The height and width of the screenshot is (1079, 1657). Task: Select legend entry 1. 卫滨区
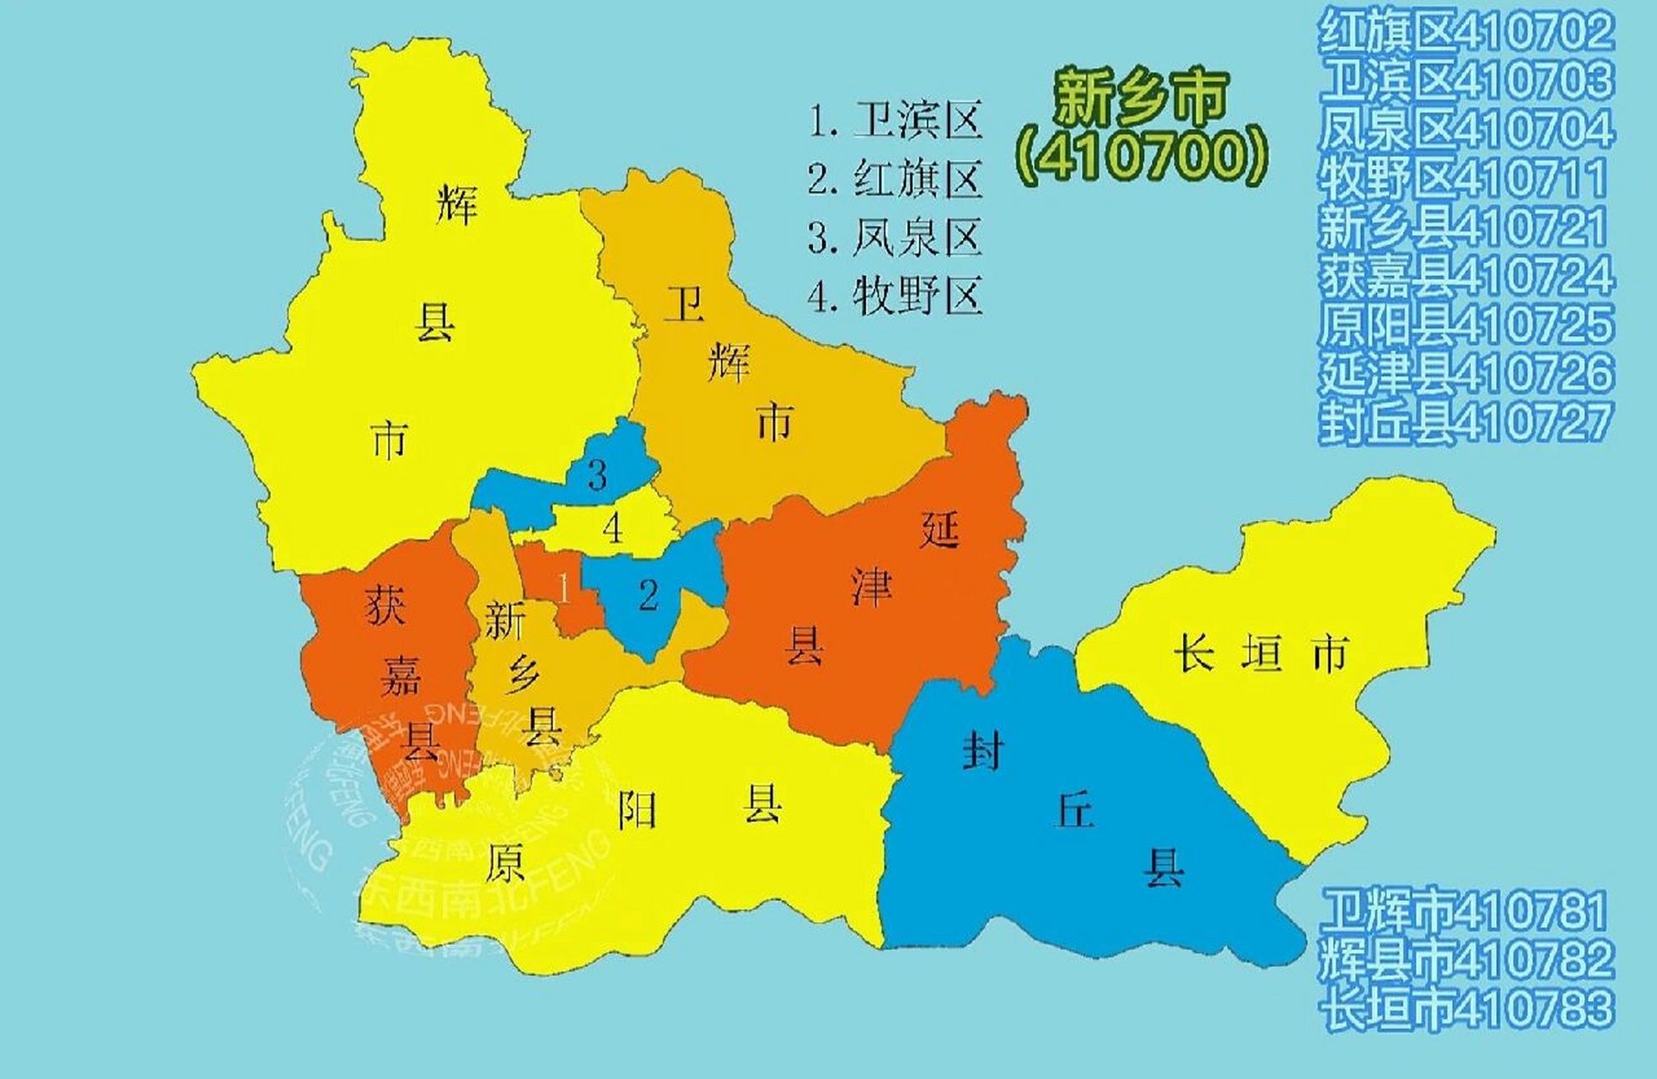pos(896,121)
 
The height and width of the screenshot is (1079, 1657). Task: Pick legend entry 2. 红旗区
pos(896,179)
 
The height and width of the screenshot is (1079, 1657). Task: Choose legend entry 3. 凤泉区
pos(896,237)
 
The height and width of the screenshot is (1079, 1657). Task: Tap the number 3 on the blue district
pos(597,475)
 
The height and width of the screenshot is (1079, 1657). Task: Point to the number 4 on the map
pos(613,529)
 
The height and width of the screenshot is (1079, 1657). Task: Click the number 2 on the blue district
pos(648,596)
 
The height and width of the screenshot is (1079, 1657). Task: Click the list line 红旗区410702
pos(1466,32)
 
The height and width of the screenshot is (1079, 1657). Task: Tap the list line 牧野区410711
pos(1463,178)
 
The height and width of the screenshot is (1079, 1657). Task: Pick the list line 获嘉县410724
pos(1466,276)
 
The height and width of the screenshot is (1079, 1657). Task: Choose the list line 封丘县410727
pos(1466,422)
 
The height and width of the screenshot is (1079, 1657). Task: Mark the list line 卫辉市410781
pos(1463,910)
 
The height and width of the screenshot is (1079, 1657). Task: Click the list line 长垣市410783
pos(1466,1008)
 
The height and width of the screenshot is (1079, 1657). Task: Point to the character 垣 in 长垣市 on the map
pos(1262,654)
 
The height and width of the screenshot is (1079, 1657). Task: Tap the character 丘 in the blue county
pos(1074,810)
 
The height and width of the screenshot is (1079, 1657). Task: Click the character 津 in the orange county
pos(871,587)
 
